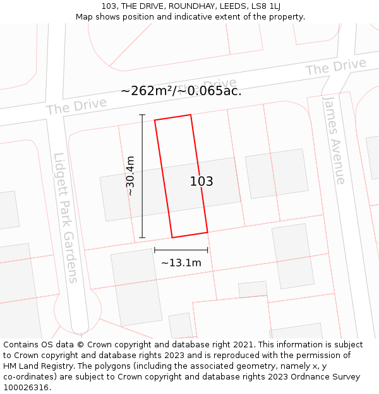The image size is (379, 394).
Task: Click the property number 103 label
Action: point(202,182)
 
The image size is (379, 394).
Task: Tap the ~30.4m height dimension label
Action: point(130,176)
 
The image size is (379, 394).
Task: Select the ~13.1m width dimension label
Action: point(181,262)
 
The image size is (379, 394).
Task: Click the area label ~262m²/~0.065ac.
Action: point(181,91)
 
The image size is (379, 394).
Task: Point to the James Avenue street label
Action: point(334,139)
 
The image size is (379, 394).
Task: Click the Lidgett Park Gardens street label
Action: point(66,217)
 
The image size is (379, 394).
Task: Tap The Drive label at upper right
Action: point(335,67)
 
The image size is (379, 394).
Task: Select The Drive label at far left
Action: point(76,107)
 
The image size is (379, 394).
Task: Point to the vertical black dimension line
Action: point(142,176)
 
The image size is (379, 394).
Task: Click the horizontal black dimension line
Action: point(181,250)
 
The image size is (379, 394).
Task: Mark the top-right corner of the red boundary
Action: point(190,115)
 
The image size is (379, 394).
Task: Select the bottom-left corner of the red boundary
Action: point(172,238)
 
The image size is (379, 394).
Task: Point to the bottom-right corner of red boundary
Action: point(207,232)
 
